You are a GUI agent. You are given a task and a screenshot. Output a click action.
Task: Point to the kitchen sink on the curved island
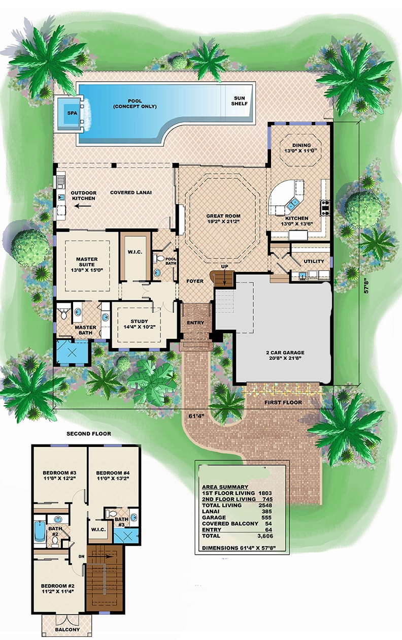pos(293,205)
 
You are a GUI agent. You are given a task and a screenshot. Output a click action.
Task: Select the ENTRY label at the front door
pos(195,323)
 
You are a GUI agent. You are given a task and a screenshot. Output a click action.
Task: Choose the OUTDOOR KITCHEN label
pos(83,196)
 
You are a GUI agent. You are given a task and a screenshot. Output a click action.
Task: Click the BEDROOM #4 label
pos(113,474)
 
